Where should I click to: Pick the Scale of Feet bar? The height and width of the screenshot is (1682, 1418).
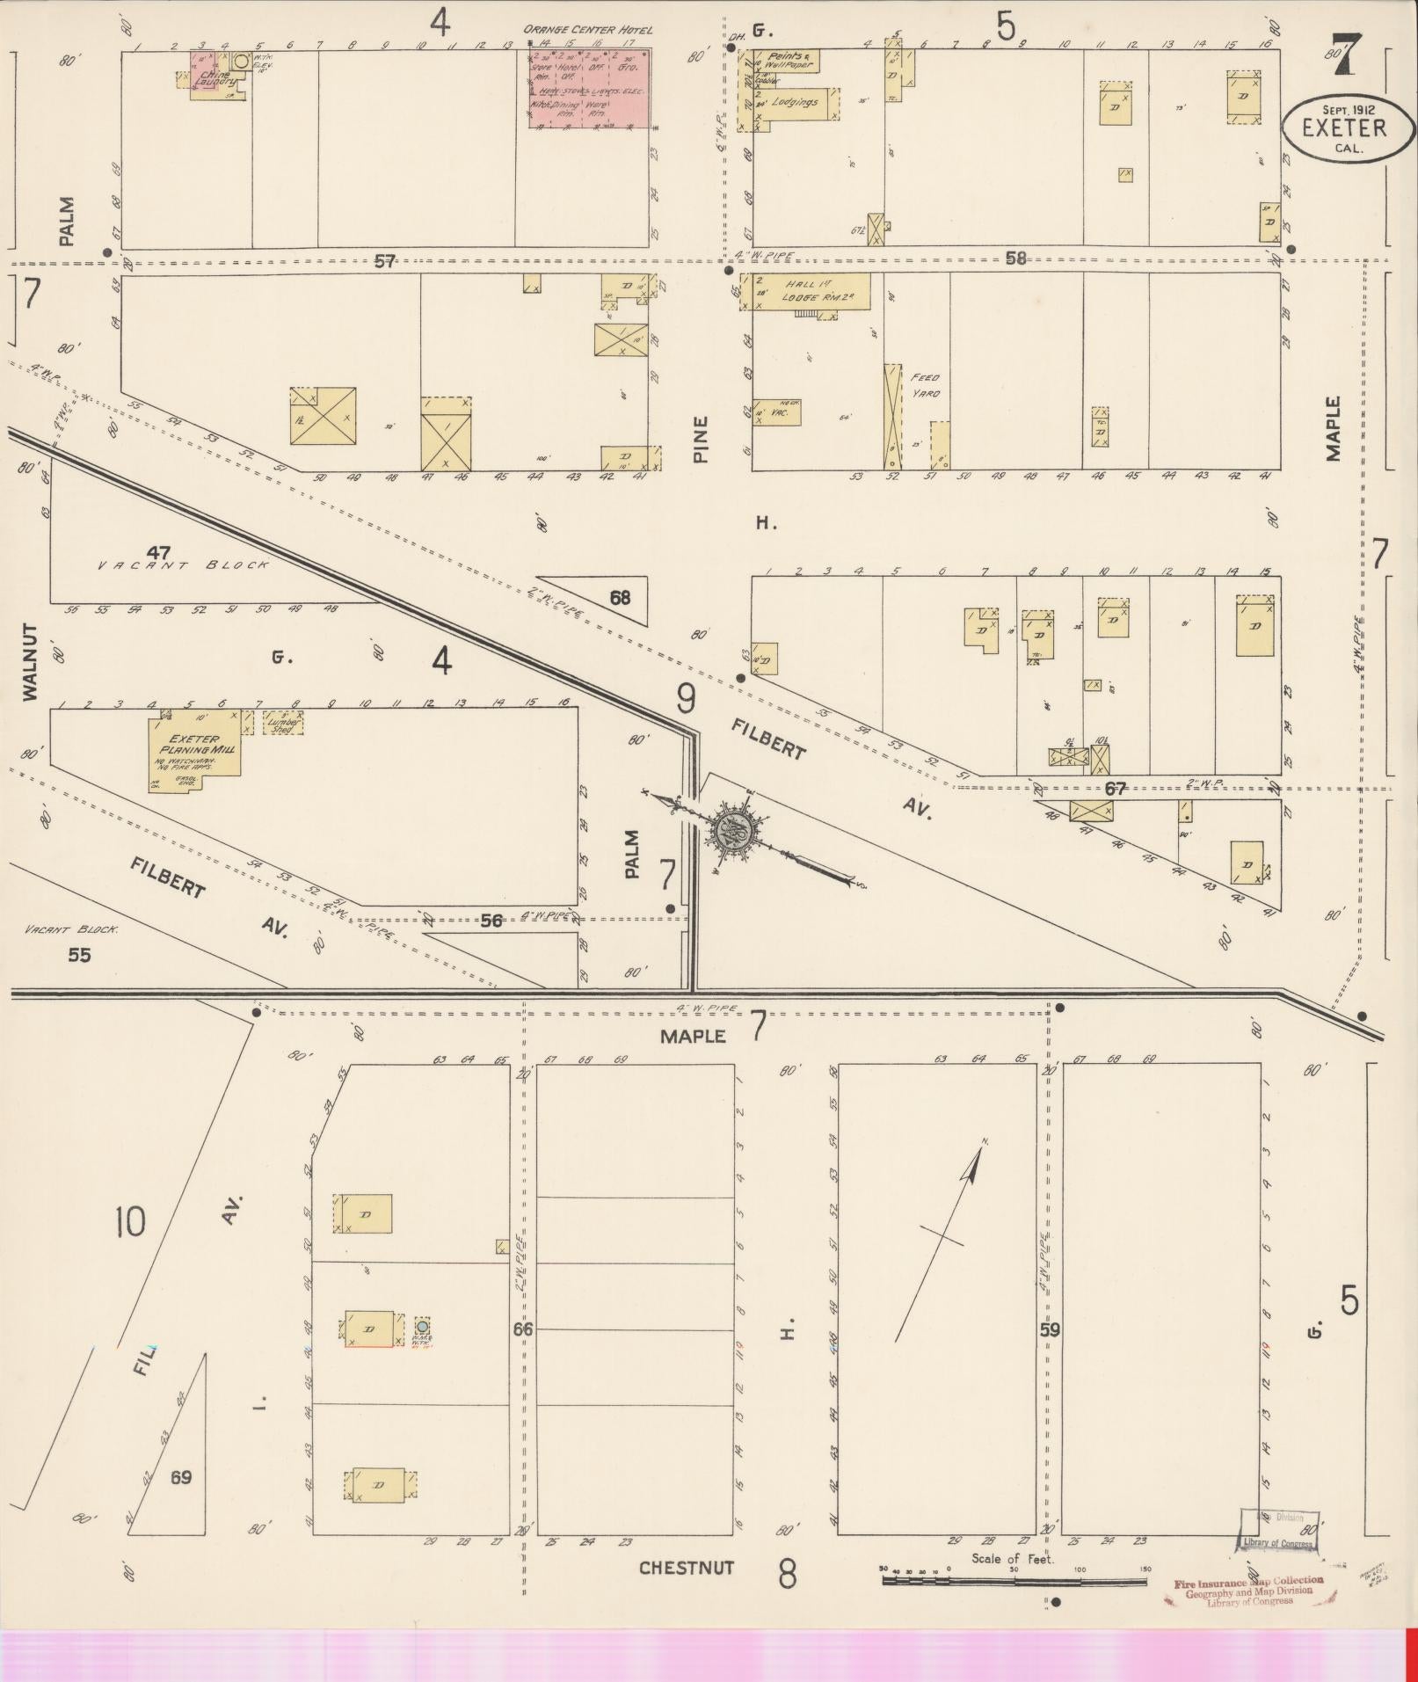(x=1014, y=1580)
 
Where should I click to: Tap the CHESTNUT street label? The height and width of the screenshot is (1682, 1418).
(x=686, y=1569)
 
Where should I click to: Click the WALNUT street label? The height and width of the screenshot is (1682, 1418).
(x=31, y=662)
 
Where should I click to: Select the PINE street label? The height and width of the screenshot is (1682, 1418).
(x=701, y=439)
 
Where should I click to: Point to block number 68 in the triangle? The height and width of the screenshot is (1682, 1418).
(x=620, y=598)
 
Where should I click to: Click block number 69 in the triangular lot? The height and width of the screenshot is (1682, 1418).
(x=180, y=1477)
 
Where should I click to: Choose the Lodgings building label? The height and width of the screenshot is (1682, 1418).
(x=795, y=102)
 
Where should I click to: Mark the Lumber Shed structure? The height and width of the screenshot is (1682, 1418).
(x=282, y=723)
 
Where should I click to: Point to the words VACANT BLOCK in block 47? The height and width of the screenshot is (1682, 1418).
(x=183, y=565)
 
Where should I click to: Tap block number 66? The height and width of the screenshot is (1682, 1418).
(x=523, y=1329)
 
